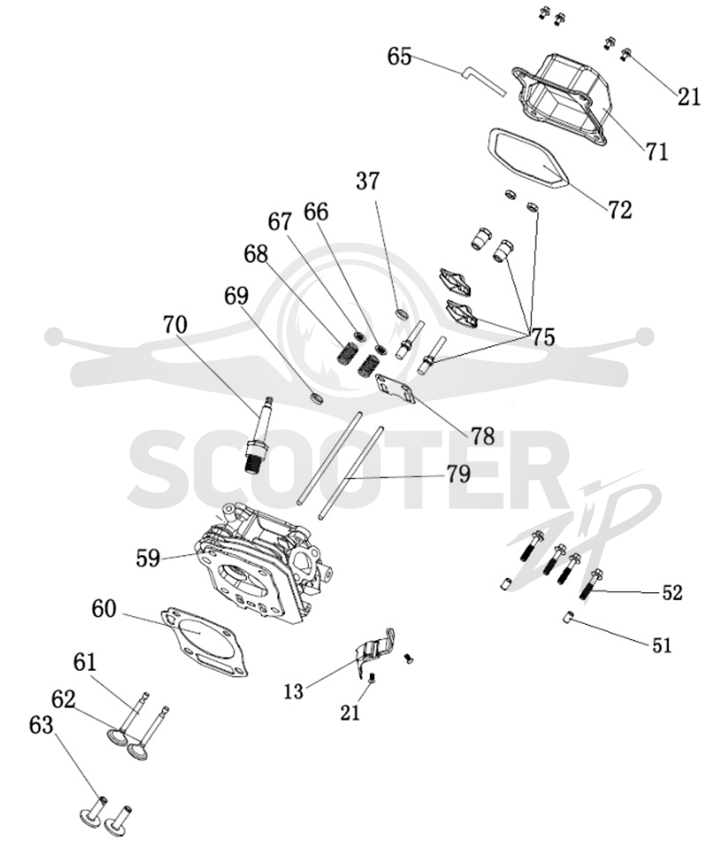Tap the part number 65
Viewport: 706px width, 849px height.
[399, 56]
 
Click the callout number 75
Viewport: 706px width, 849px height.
[542, 336]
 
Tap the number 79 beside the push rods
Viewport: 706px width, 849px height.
[457, 475]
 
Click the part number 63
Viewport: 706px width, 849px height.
[41, 725]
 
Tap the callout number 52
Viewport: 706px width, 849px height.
[672, 592]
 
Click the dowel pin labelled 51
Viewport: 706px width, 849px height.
[568, 617]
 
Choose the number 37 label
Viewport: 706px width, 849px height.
[368, 181]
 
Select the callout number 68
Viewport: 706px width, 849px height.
[256, 253]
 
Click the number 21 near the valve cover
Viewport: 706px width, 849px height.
[688, 96]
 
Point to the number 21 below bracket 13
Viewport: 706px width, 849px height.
[349, 712]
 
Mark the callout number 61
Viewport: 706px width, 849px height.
[85, 662]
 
